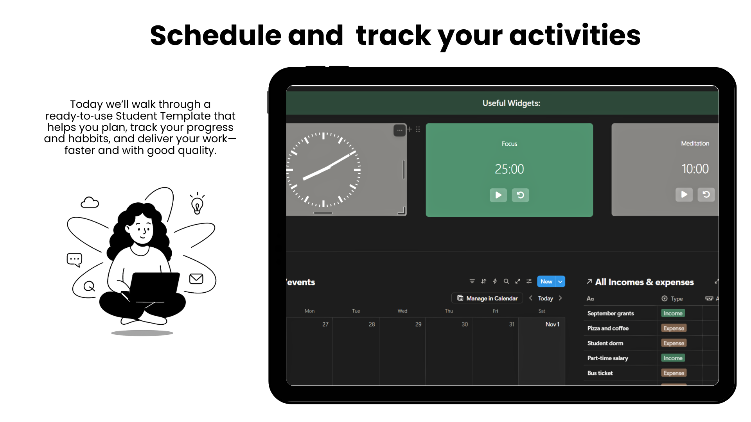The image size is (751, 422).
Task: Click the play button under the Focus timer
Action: (498, 195)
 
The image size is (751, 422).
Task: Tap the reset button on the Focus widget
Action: (520, 195)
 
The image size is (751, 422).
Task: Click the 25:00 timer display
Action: (509, 169)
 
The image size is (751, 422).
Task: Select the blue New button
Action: (546, 281)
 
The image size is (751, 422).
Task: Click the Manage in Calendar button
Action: (487, 298)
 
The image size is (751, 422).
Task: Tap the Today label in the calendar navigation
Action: (545, 298)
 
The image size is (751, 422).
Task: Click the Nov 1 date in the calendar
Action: (552, 324)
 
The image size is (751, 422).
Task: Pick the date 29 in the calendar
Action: (418, 324)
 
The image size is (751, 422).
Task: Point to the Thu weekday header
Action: (449, 311)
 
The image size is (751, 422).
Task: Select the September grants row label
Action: (611, 313)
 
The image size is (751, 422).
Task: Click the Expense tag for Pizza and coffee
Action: (674, 328)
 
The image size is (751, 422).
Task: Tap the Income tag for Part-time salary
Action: (673, 358)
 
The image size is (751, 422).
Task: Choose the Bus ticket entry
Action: (600, 373)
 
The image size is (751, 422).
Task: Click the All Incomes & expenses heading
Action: (644, 282)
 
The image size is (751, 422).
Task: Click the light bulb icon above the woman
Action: (197, 204)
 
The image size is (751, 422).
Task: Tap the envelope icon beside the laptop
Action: (196, 279)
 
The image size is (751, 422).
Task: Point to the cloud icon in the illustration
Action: (90, 202)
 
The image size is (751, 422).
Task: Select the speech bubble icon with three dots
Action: (74, 260)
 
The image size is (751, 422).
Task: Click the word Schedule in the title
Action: (216, 35)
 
